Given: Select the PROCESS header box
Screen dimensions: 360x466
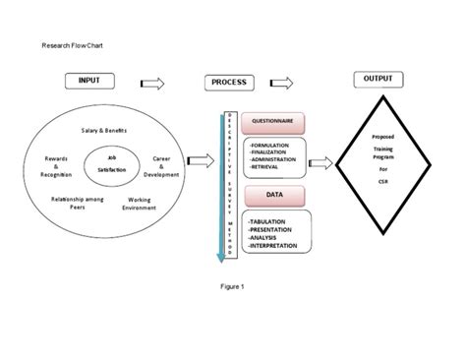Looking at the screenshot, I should (x=229, y=83).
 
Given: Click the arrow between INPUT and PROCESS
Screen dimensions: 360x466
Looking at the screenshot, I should (x=152, y=83).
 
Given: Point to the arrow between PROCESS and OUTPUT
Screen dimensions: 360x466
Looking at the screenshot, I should (x=281, y=83).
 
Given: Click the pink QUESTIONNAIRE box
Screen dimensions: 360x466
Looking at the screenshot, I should (x=273, y=122).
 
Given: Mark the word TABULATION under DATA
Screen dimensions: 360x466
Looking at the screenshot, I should (x=271, y=221).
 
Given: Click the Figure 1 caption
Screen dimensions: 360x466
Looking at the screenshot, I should (x=232, y=286).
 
